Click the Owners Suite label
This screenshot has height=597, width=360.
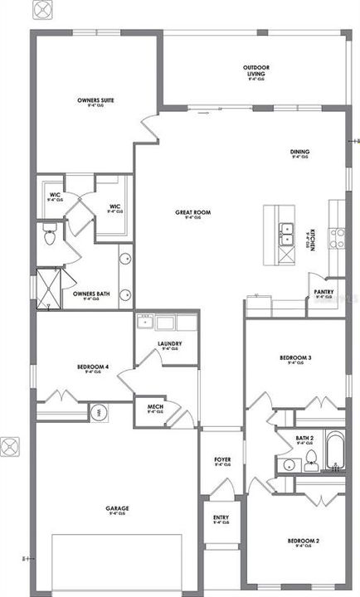[95, 100]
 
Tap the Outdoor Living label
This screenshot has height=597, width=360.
[255, 72]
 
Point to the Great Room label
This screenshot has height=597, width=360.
[192, 213]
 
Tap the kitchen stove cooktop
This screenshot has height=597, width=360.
[338, 238]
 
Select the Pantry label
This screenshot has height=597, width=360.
[324, 293]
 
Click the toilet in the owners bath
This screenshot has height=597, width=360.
[49, 237]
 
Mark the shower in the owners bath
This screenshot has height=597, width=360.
[49, 288]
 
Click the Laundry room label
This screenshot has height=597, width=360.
[169, 344]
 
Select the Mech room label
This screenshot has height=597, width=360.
[154, 407]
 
